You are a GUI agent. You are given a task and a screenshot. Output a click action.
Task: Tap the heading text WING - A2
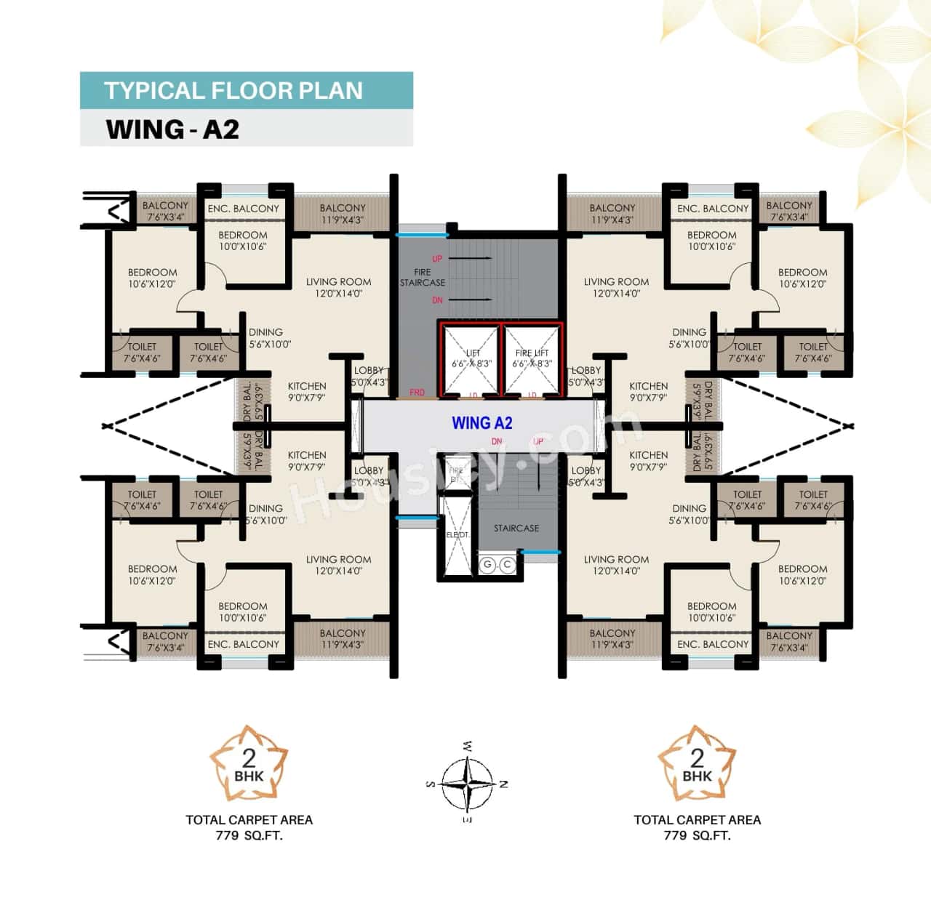[172, 129]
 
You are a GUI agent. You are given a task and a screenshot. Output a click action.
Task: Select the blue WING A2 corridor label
[482, 423]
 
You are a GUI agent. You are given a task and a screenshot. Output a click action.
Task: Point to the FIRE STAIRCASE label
[423, 278]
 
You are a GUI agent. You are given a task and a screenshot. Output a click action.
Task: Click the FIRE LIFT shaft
[532, 360]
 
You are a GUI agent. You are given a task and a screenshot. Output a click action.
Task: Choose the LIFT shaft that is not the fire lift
[471, 360]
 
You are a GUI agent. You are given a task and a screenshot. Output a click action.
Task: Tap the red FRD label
[417, 393]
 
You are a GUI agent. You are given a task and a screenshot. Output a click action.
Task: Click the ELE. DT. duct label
[457, 535]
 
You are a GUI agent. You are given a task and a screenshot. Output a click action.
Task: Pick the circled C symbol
[506, 565]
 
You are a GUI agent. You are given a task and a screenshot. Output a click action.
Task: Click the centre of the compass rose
[466, 784]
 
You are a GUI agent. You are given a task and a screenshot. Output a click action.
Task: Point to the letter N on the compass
[504, 784]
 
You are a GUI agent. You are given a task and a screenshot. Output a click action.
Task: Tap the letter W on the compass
[467, 746]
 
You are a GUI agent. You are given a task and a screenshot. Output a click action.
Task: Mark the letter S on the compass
[429, 784]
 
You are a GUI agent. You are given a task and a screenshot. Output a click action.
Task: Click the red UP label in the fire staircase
[437, 259]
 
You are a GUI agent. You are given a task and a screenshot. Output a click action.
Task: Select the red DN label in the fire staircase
[437, 300]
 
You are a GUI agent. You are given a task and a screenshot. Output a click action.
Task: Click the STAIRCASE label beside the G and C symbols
[516, 529]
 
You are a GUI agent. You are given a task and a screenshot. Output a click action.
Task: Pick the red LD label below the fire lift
[532, 395]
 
